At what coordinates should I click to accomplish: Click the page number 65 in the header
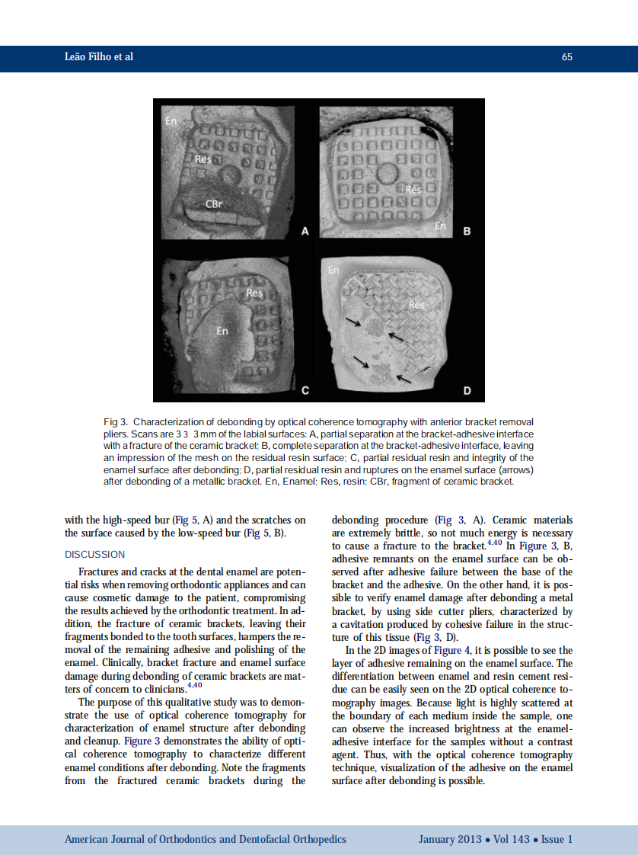pos(566,57)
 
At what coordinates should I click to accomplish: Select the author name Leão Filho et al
pos(99,57)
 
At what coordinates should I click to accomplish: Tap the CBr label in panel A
pos(213,204)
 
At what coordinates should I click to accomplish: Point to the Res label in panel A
pos(203,159)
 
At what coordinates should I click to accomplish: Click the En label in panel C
pos(222,331)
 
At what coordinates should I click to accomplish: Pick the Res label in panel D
pos(416,305)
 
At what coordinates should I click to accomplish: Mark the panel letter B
pos(467,231)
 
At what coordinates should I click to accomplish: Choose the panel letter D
pos(467,391)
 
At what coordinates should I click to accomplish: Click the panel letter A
pos(305,231)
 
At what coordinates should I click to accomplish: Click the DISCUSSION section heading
pos(94,554)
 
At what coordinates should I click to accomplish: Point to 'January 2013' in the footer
pos(449,839)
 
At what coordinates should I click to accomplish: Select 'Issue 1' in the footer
pos(557,839)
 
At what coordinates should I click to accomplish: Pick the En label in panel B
pos(440,226)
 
